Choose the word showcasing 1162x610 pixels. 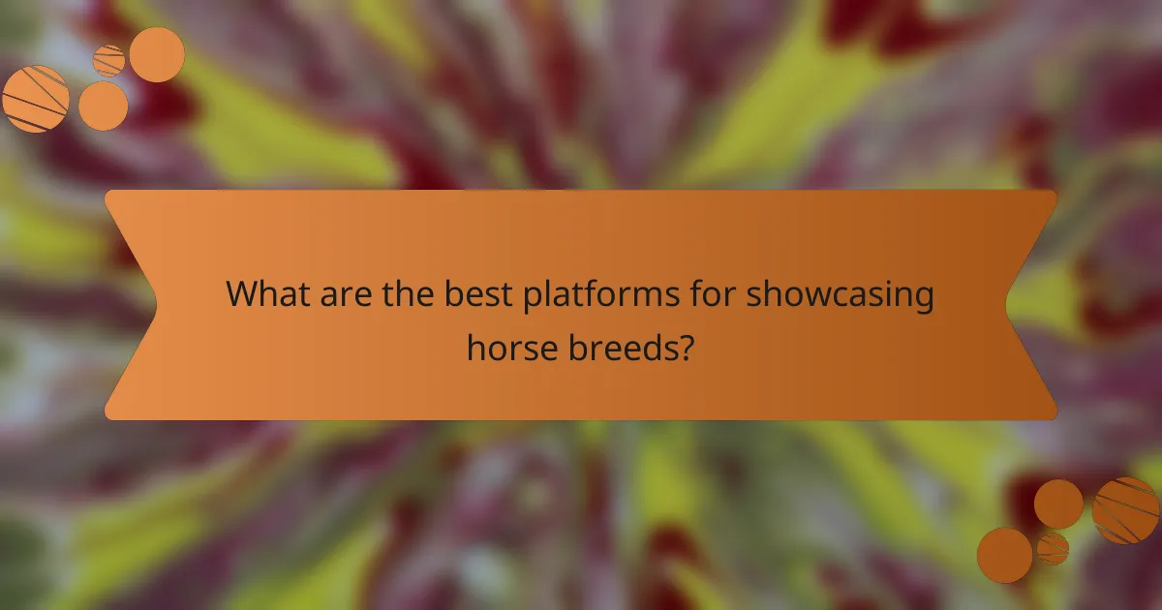pos(840,295)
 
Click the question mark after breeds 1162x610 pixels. pos(686,346)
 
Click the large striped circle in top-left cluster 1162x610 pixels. pos(36,99)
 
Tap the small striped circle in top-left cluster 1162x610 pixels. pos(109,60)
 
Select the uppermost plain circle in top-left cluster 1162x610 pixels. pos(157,54)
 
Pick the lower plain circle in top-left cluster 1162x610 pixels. pos(103,106)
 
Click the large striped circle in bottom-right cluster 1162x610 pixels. pos(1125,510)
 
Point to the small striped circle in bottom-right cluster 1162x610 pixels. pos(1053,548)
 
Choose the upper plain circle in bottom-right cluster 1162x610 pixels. pos(1058,503)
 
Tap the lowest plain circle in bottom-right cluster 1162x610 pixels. pos(1004,555)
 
